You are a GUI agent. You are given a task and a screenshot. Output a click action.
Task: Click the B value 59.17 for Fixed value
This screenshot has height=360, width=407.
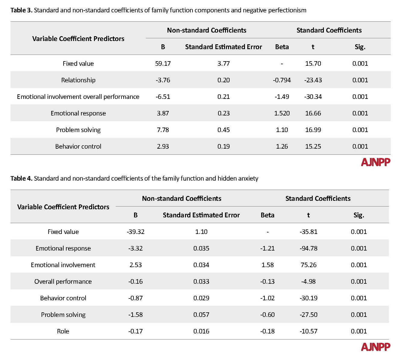click(x=163, y=64)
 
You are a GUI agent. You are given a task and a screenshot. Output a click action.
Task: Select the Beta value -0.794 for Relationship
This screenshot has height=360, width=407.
click(x=282, y=80)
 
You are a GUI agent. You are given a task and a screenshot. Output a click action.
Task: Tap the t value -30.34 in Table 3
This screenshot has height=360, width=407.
click(x=313, y=97)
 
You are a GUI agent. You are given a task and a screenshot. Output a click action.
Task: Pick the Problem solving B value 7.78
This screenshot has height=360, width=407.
click(x=163, y=130)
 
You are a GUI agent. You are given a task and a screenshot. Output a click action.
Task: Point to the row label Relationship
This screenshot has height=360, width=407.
click(x=78, y=80)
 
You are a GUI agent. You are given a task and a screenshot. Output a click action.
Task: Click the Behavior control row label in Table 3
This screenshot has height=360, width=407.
click(x=78, y=147)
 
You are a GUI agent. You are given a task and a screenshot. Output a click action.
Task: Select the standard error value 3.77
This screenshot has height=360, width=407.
click(x=224, y=64)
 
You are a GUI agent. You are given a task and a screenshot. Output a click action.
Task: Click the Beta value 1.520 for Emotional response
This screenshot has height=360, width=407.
click(x=282, y=113)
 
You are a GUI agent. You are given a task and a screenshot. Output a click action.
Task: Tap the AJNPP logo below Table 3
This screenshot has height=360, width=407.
click(x=375, y=162)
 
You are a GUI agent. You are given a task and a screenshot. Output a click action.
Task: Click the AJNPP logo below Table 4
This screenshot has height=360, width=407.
click(x=375, y=347)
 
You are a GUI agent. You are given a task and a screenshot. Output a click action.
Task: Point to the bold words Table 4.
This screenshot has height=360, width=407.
click(x=21, y=178)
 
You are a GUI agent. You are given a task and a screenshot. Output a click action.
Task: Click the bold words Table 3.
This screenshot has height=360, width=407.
click(x=21, y=10)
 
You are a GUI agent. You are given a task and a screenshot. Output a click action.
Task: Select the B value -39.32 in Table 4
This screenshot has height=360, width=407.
click(x=135, y=232)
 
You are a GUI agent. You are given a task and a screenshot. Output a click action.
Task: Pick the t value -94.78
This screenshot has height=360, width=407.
click(x=308, y=248)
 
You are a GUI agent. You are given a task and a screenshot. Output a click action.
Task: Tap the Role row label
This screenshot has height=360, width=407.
click(x=63, y=331)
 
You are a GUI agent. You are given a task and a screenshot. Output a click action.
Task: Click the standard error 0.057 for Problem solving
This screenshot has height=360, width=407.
click(x=201, y=314)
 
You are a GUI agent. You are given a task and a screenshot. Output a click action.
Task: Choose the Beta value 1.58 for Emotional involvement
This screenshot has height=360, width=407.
click(x=268, y=265)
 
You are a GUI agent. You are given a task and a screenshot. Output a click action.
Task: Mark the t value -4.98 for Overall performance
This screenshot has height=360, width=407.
click(x=308, y=281)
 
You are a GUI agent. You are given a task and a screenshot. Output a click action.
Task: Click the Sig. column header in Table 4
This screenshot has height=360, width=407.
click(x=358, y=215)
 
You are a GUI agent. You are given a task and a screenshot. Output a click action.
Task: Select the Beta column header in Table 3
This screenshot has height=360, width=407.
click(x=282, y=47)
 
